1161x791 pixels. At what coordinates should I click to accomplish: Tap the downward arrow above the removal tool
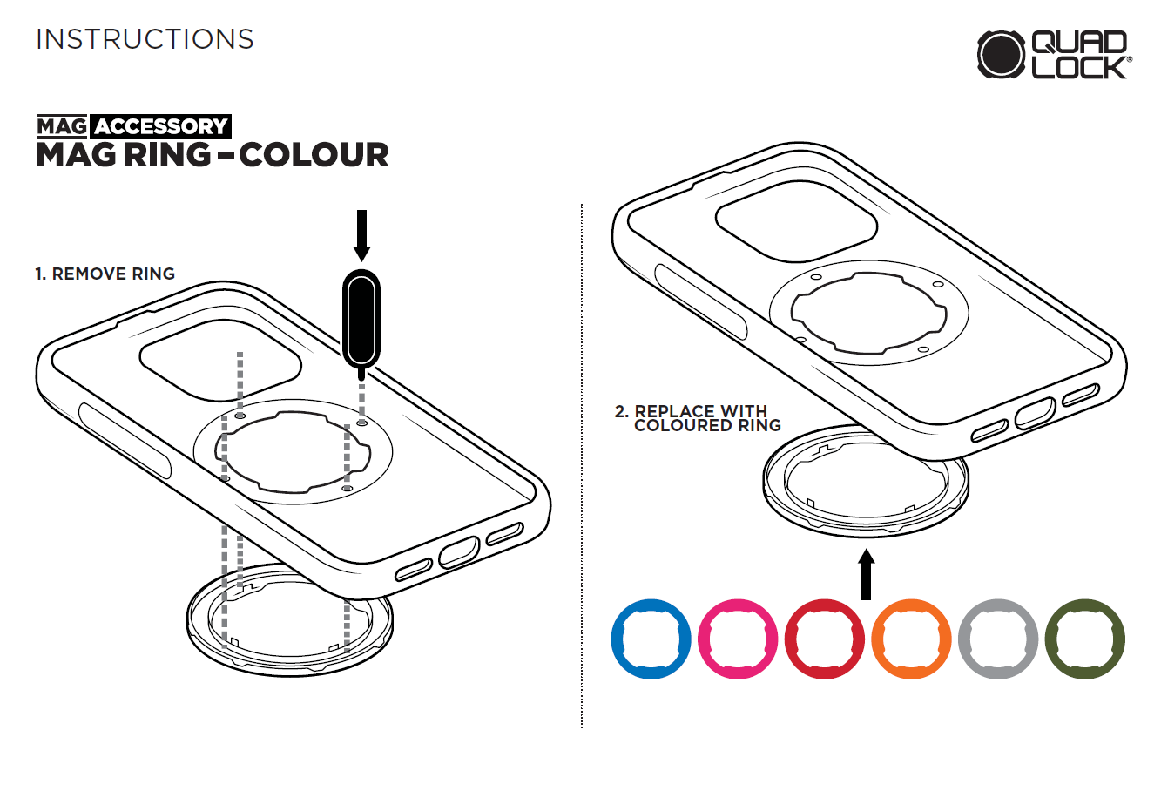coord(361,235)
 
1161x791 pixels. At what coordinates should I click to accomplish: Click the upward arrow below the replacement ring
coord(866,574)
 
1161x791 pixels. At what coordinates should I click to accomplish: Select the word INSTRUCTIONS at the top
coord(145,39)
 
